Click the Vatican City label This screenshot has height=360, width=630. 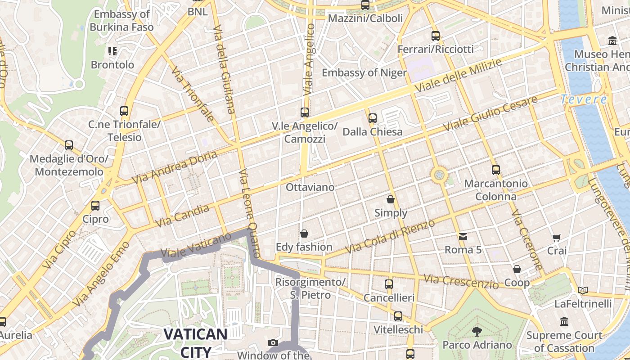(x=195, y=342)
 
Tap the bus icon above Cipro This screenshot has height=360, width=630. (x=95, y=206)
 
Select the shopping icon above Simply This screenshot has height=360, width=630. (x=391, y=199)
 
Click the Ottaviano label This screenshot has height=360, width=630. (x=310, y=187)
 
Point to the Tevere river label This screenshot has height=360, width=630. (x=584, y=99)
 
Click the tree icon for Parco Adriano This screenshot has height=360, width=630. (x=477, y=332)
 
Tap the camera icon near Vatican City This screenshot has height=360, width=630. (x=273, y=343)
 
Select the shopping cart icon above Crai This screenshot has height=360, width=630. (x=557, y=238)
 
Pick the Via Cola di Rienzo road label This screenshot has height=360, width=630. (x=390, y=237)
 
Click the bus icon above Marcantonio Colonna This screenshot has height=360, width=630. (x=496, y=170)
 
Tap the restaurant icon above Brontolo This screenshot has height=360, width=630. (x=112, y=51)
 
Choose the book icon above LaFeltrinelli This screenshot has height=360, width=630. (x=583, y=291)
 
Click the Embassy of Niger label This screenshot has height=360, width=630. (x=364, y=72)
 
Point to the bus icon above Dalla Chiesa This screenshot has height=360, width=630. (x=373, y=118)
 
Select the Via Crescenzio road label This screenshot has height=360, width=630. (x=461, y=281)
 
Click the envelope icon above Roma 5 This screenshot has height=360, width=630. (x=463, y=237)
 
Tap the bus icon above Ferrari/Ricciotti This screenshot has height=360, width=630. (x=436, y=36)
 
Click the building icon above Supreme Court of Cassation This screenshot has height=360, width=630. (x=564, y=322)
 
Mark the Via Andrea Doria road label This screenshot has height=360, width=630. (x=174, y=167)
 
